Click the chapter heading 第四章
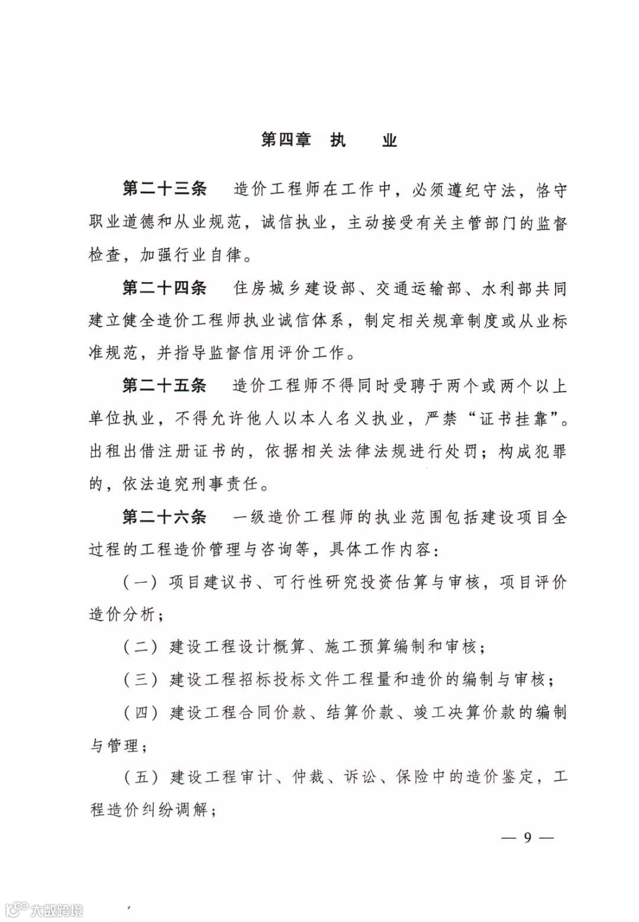point(286,141)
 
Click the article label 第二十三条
point(164,189)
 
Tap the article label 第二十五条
point(164,386)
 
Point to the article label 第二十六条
point(164,517)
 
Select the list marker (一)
point(141,582)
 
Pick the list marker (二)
point(141,646)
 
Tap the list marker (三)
point(141,679)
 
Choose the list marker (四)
point(141,712)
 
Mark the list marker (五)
point(141,777)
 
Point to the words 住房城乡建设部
point(295,288)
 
